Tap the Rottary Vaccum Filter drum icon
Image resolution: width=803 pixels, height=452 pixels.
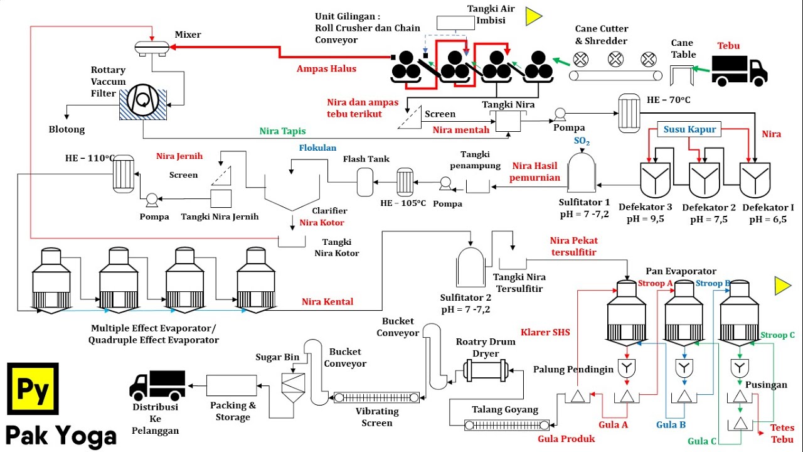pyautogui.click(x=143, y=100)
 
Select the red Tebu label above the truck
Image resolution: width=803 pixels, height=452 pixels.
pyautogui.click(x=729, y=46)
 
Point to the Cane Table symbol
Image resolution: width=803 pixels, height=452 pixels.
pyautogui.click(x=682, y=75)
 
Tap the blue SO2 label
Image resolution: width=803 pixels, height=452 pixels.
pyautogui.click(x=582, y=142)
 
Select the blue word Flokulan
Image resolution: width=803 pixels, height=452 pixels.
pyautogui.click(x=317, y=148)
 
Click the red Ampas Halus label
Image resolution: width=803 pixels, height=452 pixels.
pyautogui.click(x=326, y=69)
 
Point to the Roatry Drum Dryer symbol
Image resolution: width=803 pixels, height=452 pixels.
pyautogui.click(x=485, y=370)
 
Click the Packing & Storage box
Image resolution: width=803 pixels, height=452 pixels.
pyautogui.click(x=231, y=385)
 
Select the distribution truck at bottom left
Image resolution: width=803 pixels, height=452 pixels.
pyautogui.click(x=157, y=385)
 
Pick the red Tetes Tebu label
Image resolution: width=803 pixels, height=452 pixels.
pyautogui.click(x=782, y=433)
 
